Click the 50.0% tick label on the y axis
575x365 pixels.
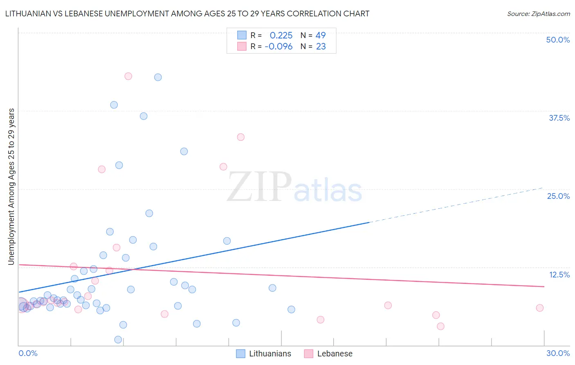point(558,40)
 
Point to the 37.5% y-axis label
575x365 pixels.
point(559,118)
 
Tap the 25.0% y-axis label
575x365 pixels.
point(558,196)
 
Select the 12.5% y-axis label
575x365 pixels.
point(559,275)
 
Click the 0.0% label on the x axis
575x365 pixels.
point(28,353)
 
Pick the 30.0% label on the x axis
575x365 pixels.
point(558,353)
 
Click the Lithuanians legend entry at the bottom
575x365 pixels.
point(264,354)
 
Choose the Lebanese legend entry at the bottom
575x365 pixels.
point(328,354)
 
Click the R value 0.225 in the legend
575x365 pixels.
point(281,35)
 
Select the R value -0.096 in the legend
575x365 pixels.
point(279,47)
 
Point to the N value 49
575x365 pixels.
point(321,35)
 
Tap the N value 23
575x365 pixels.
point(321,47)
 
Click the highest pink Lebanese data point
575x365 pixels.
point(128,76)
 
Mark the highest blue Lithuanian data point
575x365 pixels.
point(158,77)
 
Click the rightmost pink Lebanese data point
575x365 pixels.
point(540,308)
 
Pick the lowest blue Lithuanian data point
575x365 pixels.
point(118,340)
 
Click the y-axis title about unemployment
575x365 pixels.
point(11,187)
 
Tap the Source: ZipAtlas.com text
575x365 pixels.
point(538,14)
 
